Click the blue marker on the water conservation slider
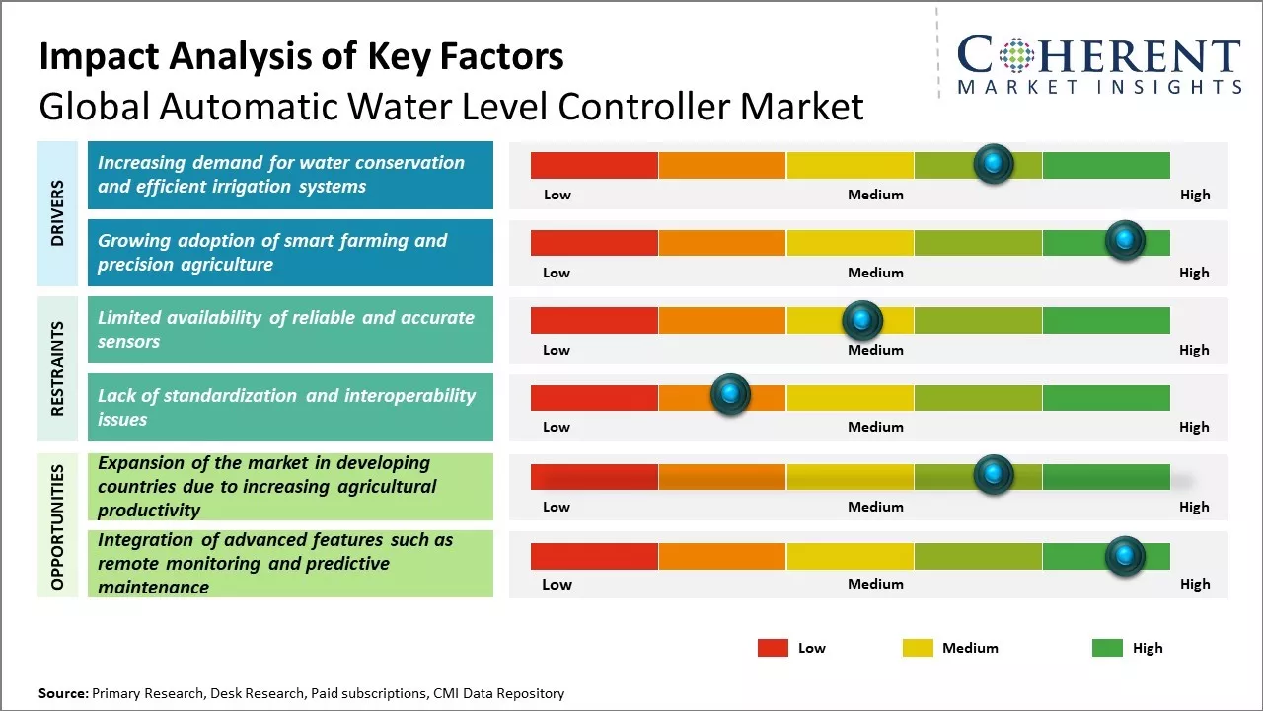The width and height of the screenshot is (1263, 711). [x=994, y=163]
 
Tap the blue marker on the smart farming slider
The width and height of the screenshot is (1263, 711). [x=1124, y=240]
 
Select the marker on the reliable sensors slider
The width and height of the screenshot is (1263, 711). [x=862, y=319]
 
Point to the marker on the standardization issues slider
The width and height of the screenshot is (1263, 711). [x=730, y=395]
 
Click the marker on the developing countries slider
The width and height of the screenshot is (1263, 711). [x=993, y=474]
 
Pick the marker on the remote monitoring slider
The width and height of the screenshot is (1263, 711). [x=1124, y=556]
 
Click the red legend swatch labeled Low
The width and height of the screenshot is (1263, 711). [x=773, y=648]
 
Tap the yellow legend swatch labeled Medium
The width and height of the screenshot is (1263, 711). [x=918, y=648]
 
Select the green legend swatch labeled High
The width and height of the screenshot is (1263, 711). [x=1107, y=648]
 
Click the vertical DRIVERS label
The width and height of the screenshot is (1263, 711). [x=57, y=212]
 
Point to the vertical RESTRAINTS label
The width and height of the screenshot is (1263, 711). [x=57, y=368]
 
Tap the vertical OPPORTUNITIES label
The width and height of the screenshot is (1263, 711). [x=57, y=527]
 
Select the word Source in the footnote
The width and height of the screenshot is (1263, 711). [x=61, y=693]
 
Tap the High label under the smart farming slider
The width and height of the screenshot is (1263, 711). [x=1194, y=273]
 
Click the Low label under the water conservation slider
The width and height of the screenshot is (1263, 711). [x=557, y=195]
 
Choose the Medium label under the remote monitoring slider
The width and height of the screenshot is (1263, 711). [x=875, y=584]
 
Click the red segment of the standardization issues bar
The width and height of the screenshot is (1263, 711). [x=594, y=398]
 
